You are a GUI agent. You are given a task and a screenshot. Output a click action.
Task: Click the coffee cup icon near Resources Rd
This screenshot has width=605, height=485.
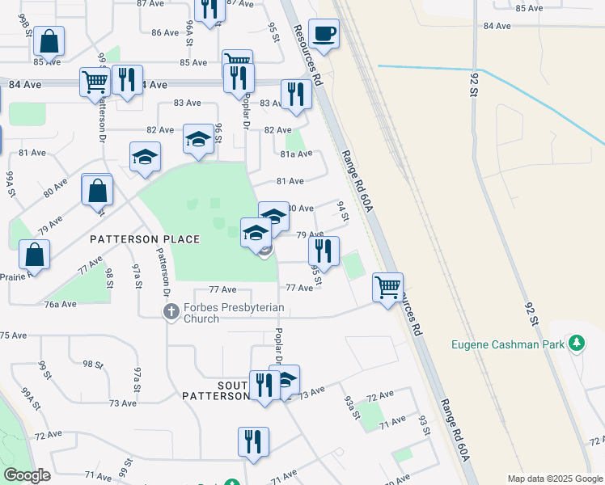pyautogui.click(x=324, y=34)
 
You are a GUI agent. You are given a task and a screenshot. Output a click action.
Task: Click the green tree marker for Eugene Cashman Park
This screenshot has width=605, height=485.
pyautogui.click(x=577, y=344)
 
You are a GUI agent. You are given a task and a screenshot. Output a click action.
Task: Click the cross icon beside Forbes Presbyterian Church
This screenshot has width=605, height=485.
pyautogui.click(x=171, y=310)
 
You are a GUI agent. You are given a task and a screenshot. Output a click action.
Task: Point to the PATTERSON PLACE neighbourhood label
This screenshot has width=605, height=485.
pyautogui.click(x=145, y=239)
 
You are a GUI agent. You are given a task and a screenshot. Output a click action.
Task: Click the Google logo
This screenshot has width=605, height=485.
pyautogui.click(x=27, y=475)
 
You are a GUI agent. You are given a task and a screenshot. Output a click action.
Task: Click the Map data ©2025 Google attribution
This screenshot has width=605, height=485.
pyautogui.click(x=554, y=479)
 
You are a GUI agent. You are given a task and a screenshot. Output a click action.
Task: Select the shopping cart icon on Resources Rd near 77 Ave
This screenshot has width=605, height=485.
pyautogui.click(x=388, y=286)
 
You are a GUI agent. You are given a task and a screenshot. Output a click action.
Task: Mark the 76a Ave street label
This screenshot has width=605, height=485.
pyautogui.click(x=60, y=304)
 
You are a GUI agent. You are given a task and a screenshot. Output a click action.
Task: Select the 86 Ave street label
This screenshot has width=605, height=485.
pyautogui.click(x=164, y=32)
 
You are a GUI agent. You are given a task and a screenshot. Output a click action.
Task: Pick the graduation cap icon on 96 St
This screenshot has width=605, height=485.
pyautogui.click(x=198, y=139)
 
